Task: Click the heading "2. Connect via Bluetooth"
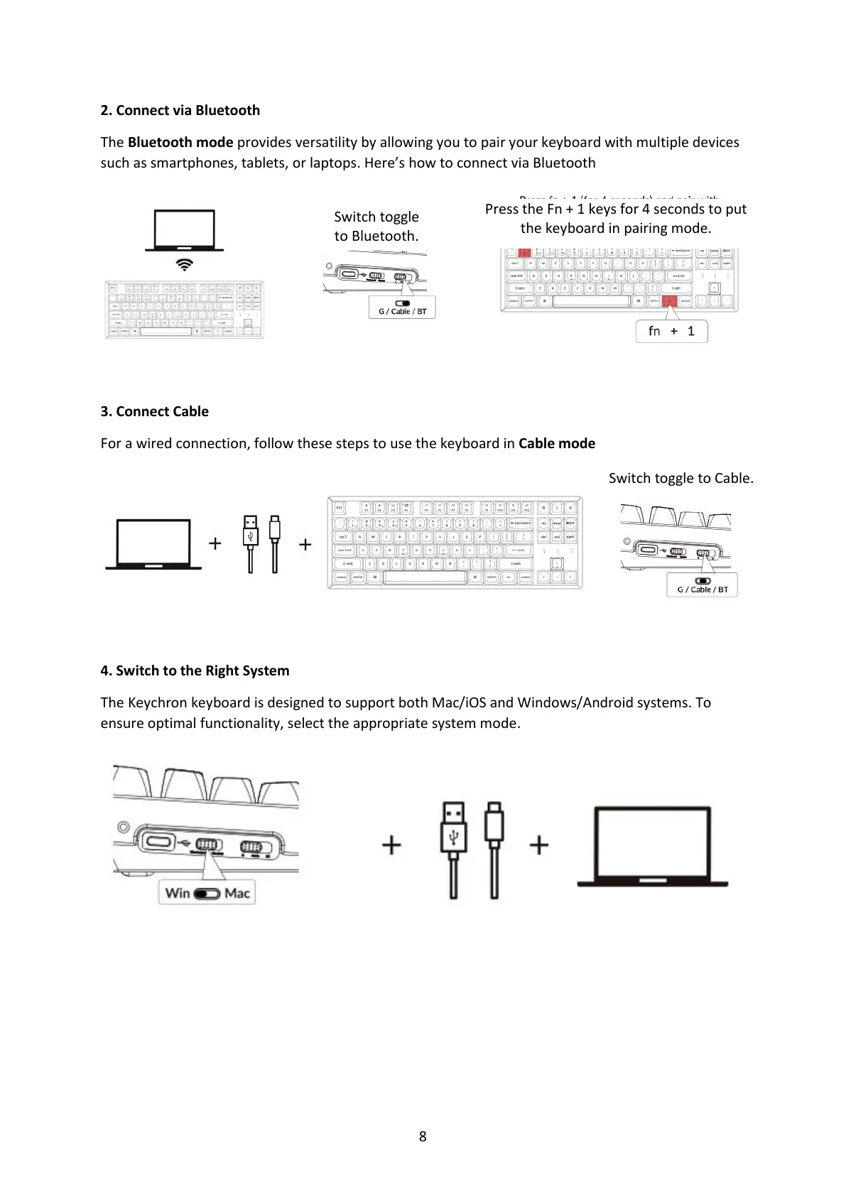tap(180, 110)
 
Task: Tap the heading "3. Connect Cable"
tap(154, 411)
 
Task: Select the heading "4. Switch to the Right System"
tap(195, 670)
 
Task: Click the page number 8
tap(423, 1136)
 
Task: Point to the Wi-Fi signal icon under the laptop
tap(184, 265)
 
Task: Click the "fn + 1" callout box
tap(671, 331)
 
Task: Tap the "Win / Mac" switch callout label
tap(207, 893)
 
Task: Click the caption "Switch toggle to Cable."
tap(680, 478)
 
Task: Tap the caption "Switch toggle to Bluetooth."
tap(376, 226)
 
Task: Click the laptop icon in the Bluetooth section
tap(184, 230)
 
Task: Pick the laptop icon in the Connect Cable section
tap(153, 545)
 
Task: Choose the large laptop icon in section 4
tap(653, 845)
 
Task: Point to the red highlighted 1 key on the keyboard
tap(524, 253)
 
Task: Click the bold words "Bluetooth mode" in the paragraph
tap(180, 142)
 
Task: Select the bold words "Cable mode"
tap(557, 443)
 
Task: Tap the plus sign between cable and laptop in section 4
tap(539, 845)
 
